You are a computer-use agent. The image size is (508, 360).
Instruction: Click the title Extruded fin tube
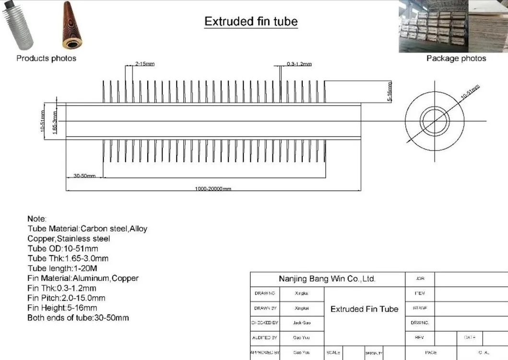(x=251, y=22)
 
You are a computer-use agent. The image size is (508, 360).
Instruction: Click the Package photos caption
(x=456, y=58)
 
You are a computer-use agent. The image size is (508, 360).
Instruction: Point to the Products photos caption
(x=46, y=58)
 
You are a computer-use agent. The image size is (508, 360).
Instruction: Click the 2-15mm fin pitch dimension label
(x=144, y=64)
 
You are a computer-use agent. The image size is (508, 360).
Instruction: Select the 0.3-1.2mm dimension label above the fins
(x=299, y=64)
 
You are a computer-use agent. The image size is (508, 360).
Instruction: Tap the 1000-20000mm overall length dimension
(x=213, y=188)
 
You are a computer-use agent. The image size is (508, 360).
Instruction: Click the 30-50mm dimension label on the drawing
(x=84, y=176)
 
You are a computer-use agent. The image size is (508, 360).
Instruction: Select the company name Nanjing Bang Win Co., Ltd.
(x=327, y=279)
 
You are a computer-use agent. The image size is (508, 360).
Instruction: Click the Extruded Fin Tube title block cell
(x=364, y=309)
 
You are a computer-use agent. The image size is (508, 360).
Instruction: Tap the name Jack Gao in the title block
(x=302, y=323)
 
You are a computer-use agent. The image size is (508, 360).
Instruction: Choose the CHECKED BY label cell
(x=264, y=323)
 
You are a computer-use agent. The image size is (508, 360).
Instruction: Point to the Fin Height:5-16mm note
(x=62, y=308)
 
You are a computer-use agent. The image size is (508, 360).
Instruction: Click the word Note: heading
(x=37, y=219)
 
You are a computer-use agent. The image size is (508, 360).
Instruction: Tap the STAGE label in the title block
(x=420, y=308)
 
